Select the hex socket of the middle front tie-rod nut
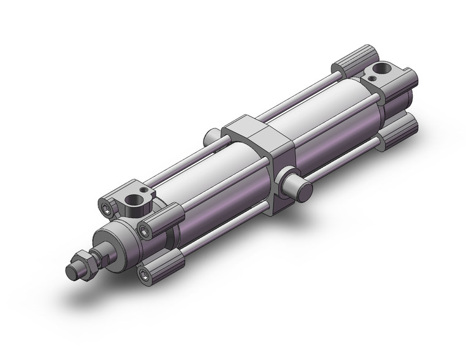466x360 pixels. point(145,231)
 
